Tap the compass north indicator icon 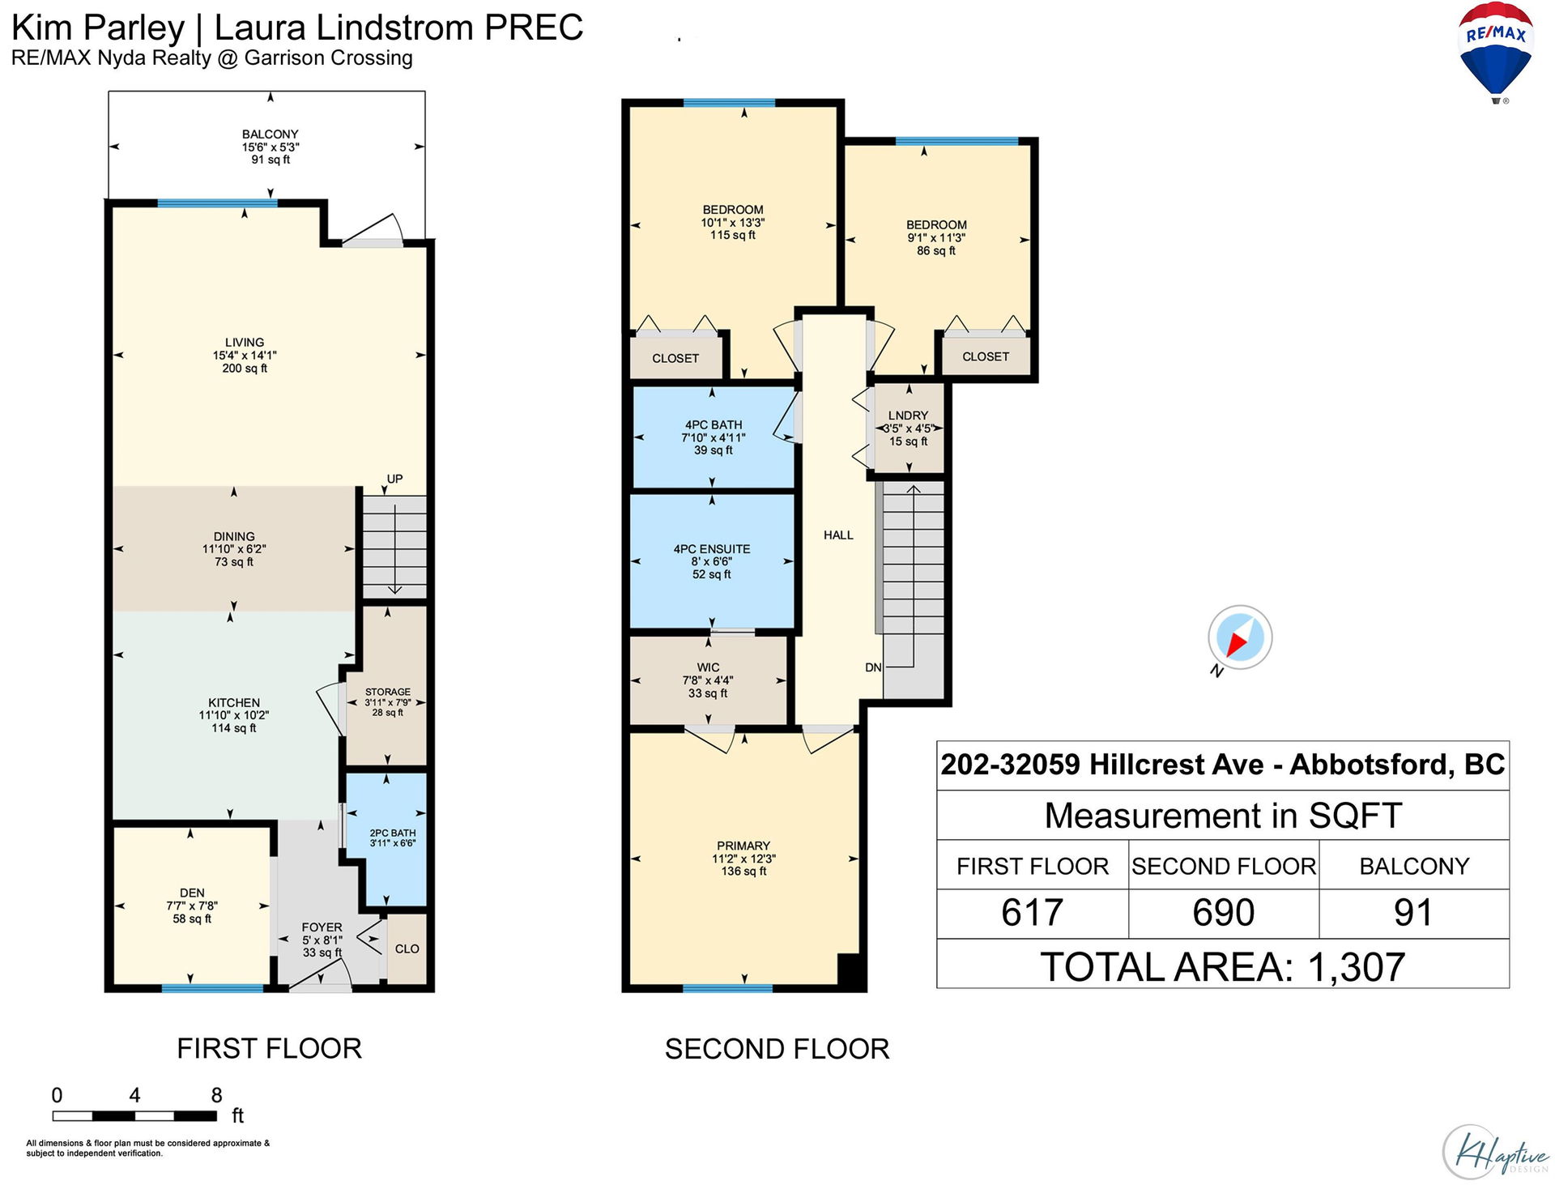click(x=1239, y=637)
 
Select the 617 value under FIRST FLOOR click(x=1032, y=913)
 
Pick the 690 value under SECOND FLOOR click(x=1223, y=913)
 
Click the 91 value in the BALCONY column click(x=1413, y=913)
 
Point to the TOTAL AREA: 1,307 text click(x=1223, y=966)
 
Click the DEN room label click(x=192, y=893)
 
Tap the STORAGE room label click(x=388, y=692)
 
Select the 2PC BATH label click(x=393, y=833)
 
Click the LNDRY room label click(x=908, y=416)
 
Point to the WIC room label click(x=708, y=667)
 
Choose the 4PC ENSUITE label click(x=712, y=549)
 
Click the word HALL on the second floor click(x=838, y=535)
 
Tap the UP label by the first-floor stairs click(x=394, y=479)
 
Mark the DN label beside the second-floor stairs click(x=873, y=667)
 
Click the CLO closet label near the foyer click(x=407, y=948)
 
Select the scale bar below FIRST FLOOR click(x=134, y=1115)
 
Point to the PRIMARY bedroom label click(x=743, y=846)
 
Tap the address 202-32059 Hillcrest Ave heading click(x=1101, y=764)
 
